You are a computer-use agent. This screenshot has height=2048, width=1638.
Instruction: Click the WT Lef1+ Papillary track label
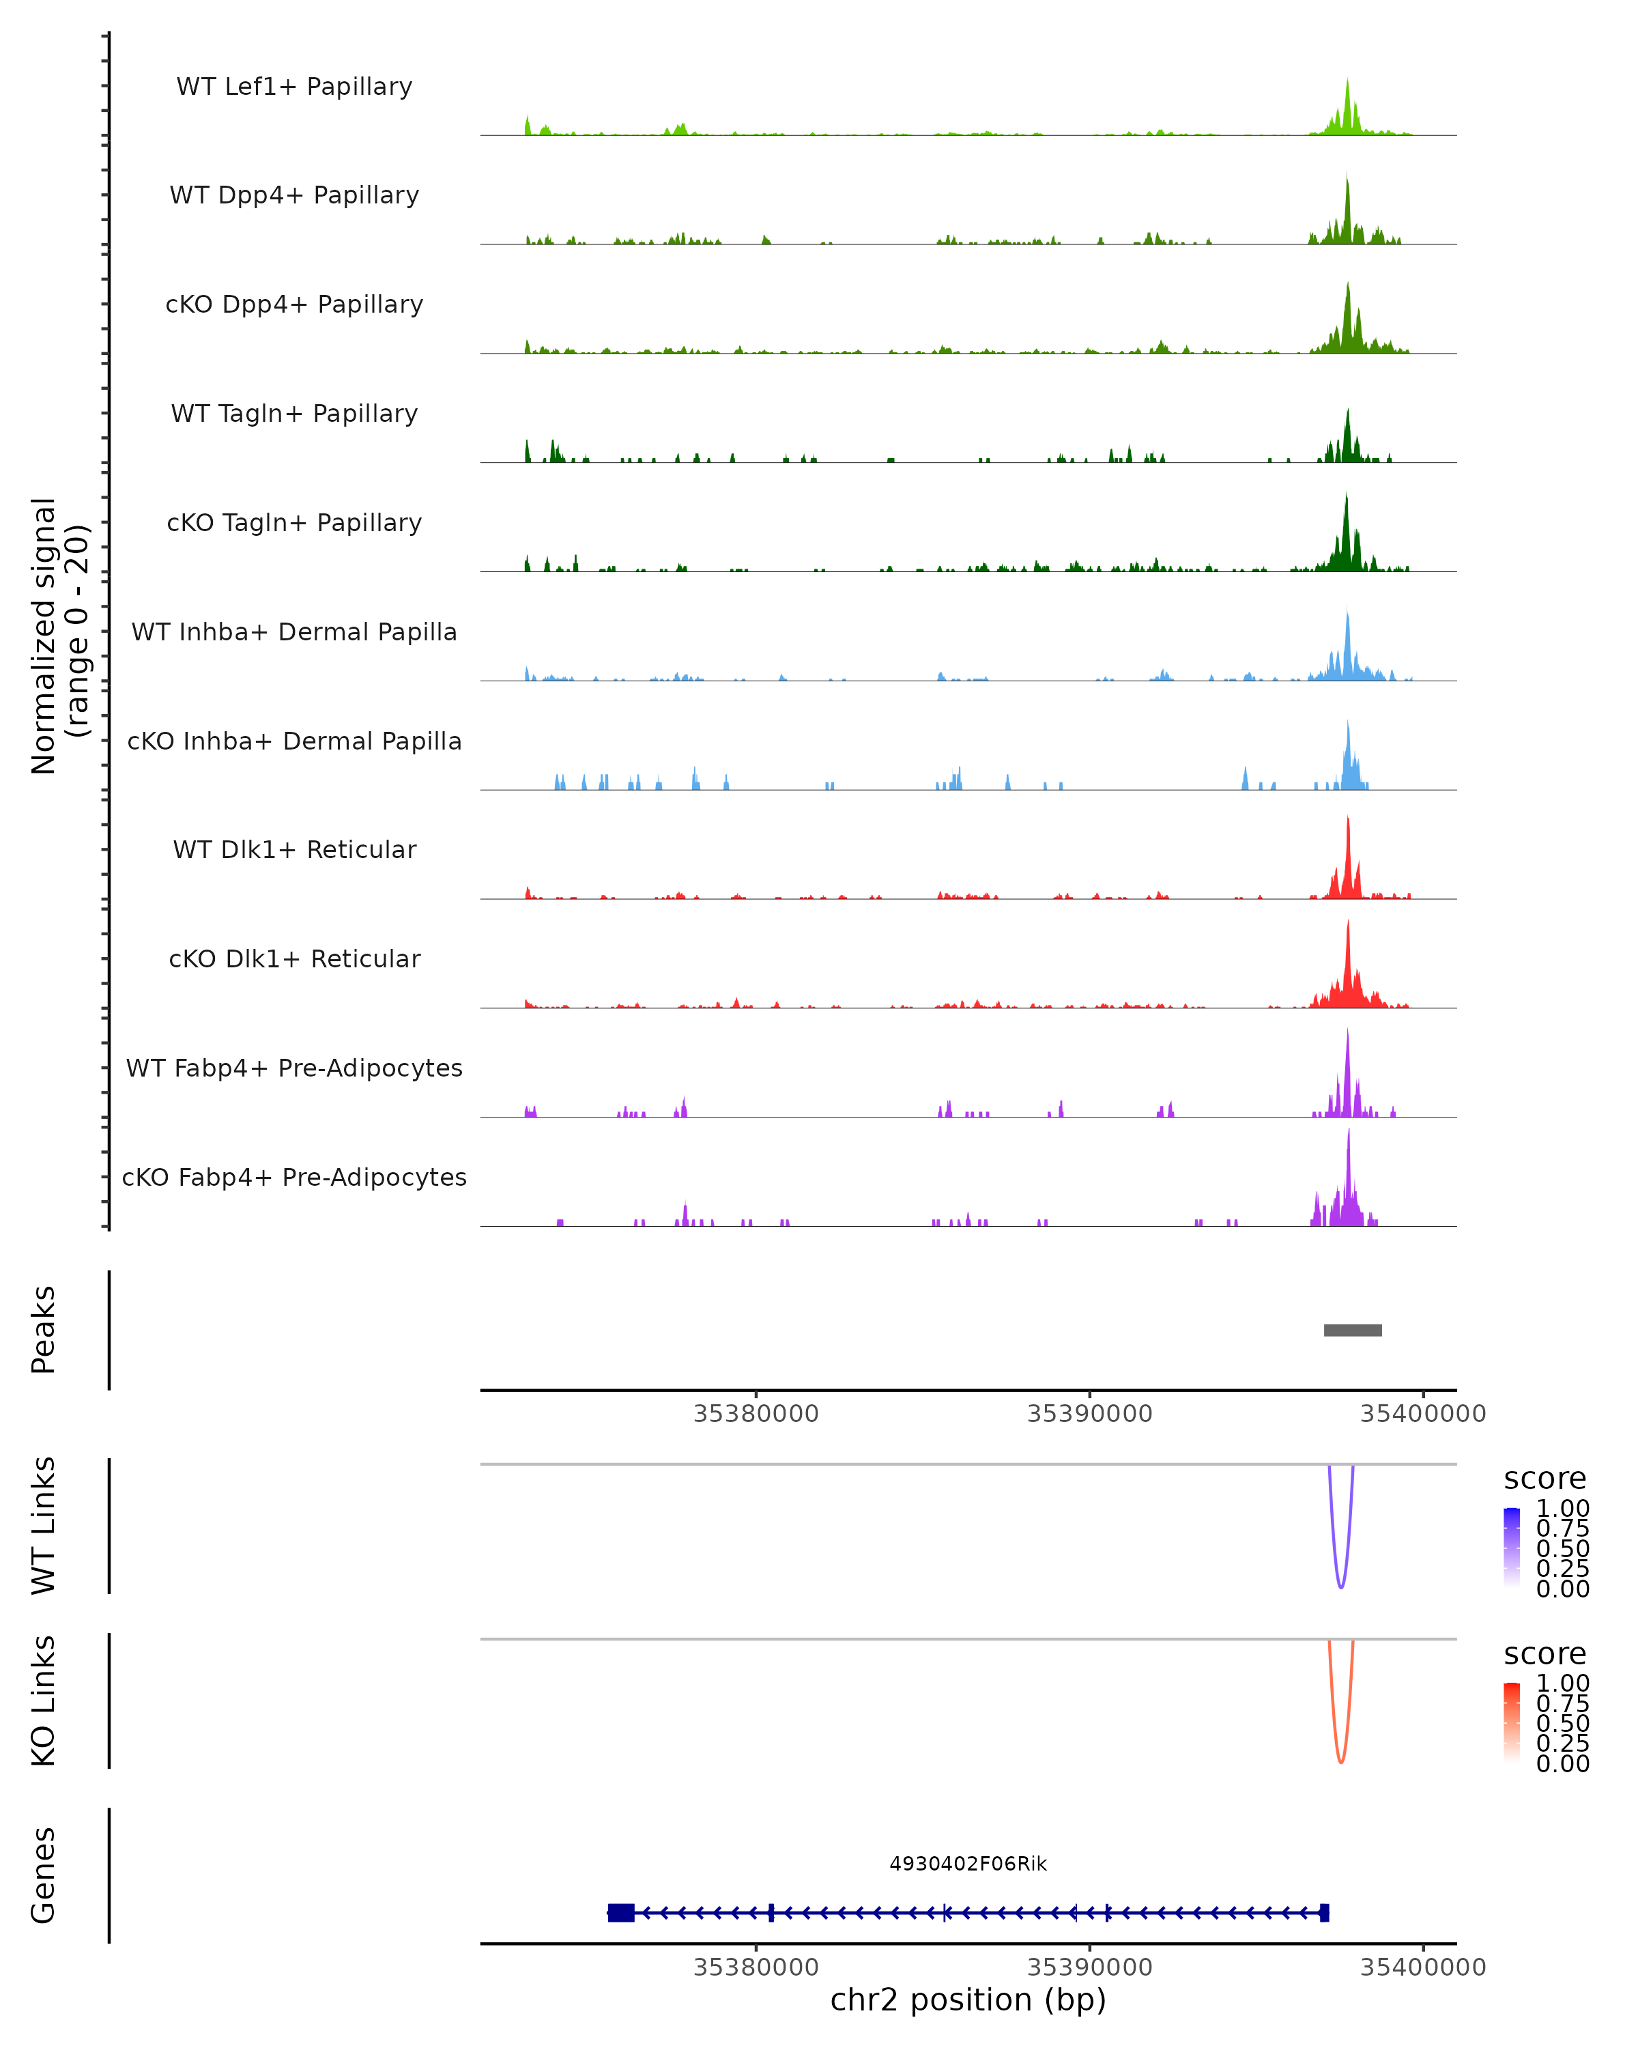(294, 87)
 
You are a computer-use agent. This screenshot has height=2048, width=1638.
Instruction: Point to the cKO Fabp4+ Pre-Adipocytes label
(294, 1177)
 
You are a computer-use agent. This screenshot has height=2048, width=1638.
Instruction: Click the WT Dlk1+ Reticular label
(294, 849)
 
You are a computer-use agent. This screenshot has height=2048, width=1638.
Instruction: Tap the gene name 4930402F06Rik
(968, 1864)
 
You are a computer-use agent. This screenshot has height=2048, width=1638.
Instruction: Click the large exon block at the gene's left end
(621, 1912)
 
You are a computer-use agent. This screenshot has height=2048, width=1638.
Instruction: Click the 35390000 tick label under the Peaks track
(1089, 1414)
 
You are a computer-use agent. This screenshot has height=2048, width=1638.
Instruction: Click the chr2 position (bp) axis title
(968, 2000)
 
